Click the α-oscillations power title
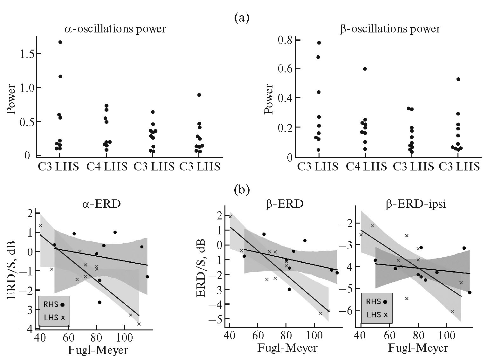click(115, 29)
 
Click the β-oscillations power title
click(390, 29)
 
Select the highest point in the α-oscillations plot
click(60, 42)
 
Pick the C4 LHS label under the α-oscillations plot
click(107, 167)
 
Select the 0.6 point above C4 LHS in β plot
click(365, 69)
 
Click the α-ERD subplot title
click(100, 204)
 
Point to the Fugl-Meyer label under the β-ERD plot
click(287, 348)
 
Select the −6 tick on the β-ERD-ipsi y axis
click(348, 311)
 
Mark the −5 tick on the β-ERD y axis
click(218, 319)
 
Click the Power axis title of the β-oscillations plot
click(269, 99)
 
